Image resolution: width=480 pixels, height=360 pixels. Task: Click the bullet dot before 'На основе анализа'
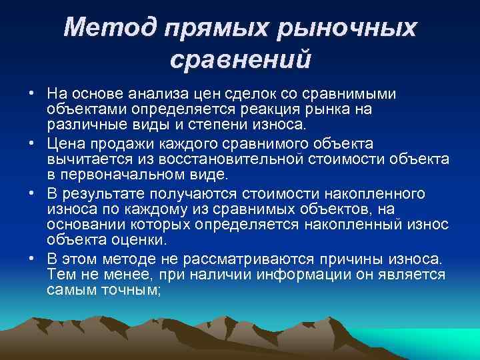click(x=39, y=93)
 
